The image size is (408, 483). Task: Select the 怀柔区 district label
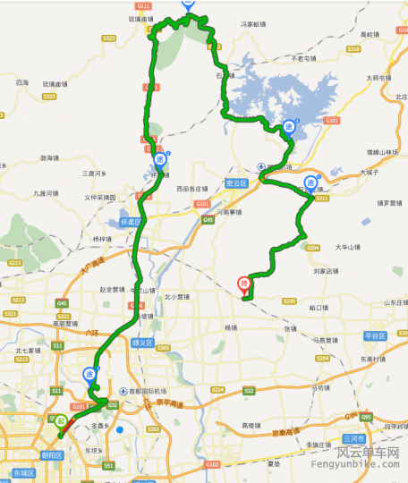[132, 220]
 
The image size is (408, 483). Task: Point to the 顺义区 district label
[142, 342]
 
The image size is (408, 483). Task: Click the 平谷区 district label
[373, 335]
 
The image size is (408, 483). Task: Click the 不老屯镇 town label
[304, 57]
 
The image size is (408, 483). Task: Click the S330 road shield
[289, 301]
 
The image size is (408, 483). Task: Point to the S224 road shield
[217, 390]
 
